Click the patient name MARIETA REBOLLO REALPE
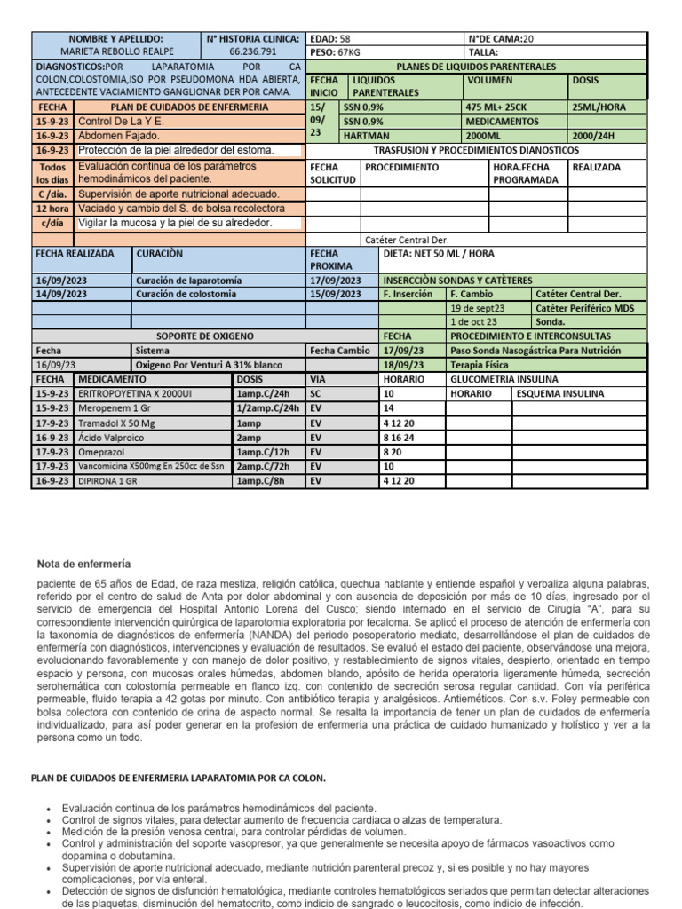(x=115, y=52)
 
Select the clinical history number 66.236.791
(x=253, y=52)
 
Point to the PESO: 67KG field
(x=334, y=52)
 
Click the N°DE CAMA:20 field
(x=502, y=39)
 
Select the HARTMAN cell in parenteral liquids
(x=364, y=136)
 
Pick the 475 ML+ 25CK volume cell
(x=497, y=107)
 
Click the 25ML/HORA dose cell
(x=597, y=107)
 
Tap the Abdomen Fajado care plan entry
(x=119, y=136)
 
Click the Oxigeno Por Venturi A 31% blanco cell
(x=208, y=365)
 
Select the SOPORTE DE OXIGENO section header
(x=204, y=336)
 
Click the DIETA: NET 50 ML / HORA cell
(x=439, y=252)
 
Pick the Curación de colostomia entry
(x=186, y=294)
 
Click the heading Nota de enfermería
(x=83, y=564)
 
